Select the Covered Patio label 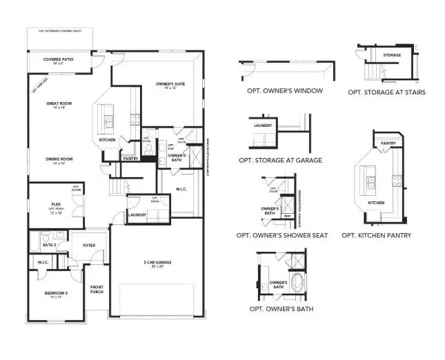[x=58, y=60]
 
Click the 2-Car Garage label [x=158, y=263]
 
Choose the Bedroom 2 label [x=48, y=294]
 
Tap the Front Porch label [x=97, y=290]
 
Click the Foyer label [x=90, y=245]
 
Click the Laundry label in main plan [x=137, y=215]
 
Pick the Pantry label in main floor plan [x=130, y=159]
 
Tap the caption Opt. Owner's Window [x=284, y=90]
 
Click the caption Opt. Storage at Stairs [x=386, y=92]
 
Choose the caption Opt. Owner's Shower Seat [x=282, y=235]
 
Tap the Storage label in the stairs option [x=392, y=55]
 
